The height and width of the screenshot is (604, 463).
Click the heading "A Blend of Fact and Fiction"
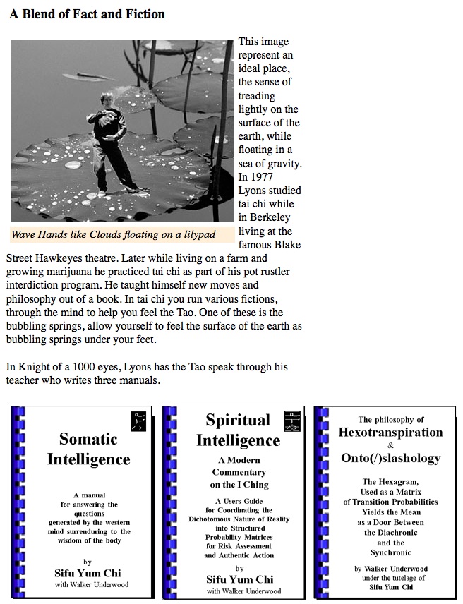(x=87, y=13)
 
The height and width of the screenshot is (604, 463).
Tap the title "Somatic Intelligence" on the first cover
(x=88, y=449)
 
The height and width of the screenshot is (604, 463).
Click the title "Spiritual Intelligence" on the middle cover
(x=238, y=430)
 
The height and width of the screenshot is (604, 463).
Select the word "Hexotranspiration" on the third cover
(x=390, y=433)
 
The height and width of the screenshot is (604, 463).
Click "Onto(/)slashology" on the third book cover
(x=390, y=458)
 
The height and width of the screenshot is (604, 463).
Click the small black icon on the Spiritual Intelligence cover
(x=291, y=421)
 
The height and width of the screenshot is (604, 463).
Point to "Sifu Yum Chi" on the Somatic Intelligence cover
(x=88, y=573)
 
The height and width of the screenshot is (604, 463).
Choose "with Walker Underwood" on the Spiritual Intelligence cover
(x=239, y=591)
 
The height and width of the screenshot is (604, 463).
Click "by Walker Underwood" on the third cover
(x=390, y=569)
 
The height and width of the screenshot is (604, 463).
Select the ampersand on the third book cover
(x=390, y=445)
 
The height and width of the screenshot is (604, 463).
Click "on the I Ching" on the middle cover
(x=239, y=485)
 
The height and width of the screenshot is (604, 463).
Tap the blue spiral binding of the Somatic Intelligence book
(x=18, y=501)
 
